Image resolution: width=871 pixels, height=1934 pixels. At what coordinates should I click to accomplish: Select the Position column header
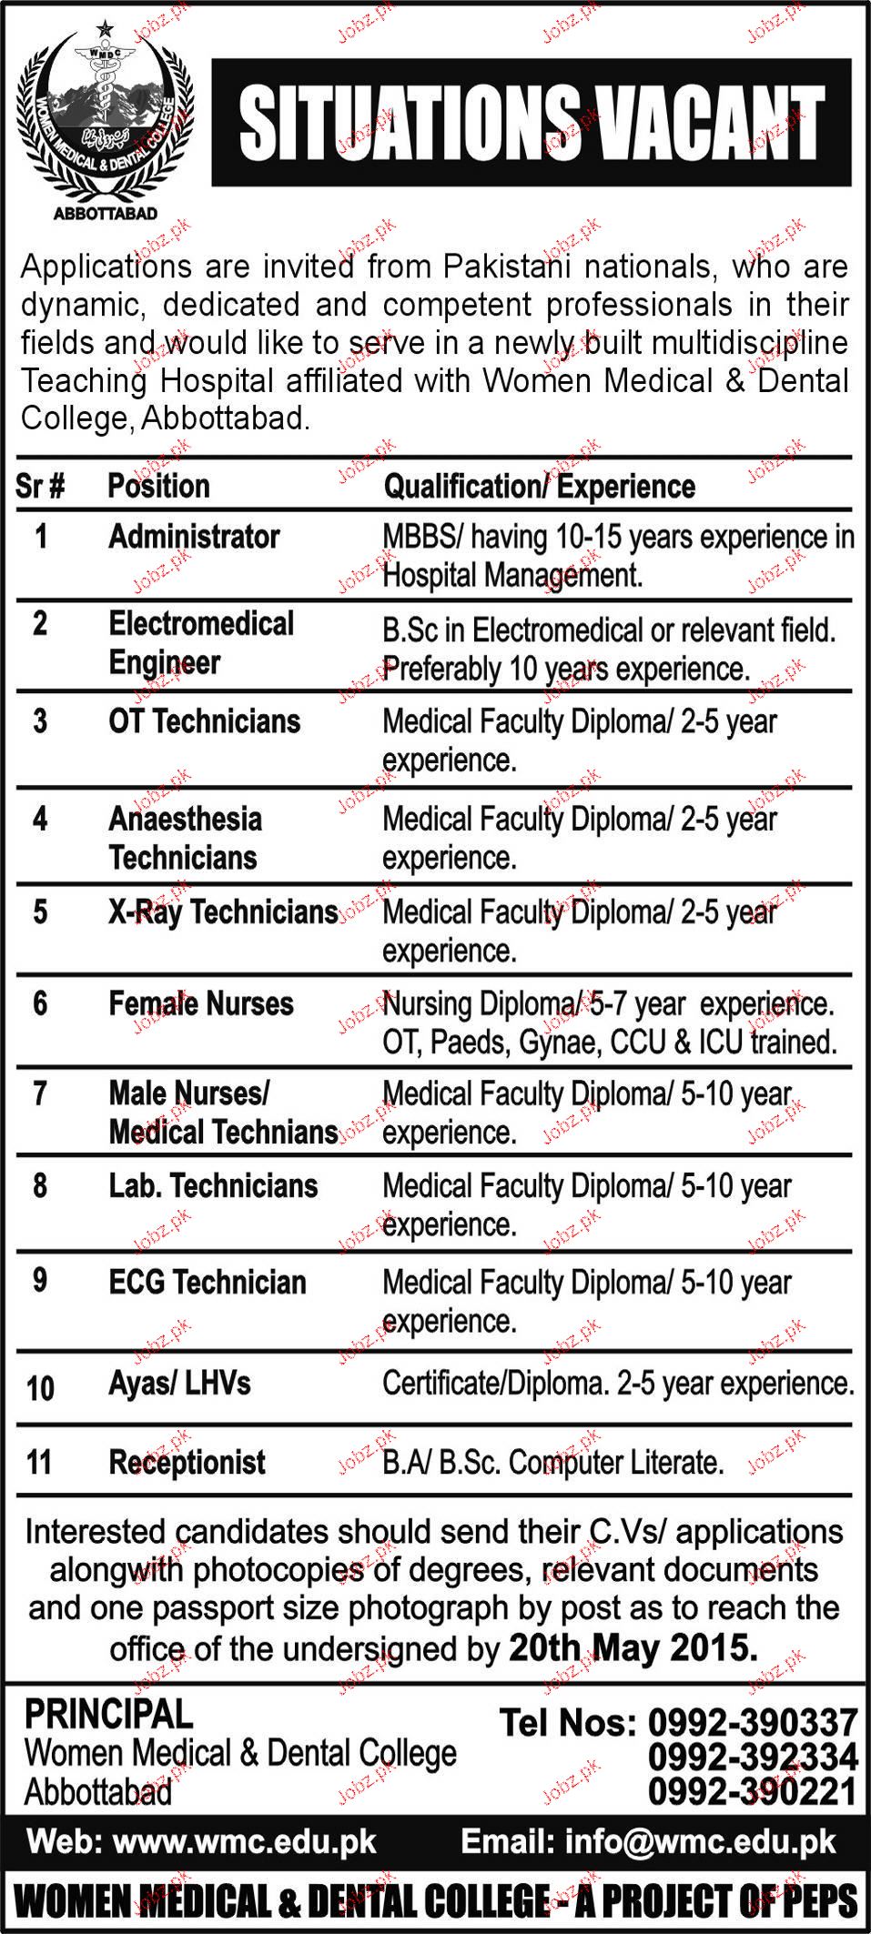158,486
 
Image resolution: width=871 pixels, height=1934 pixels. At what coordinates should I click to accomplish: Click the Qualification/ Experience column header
539,487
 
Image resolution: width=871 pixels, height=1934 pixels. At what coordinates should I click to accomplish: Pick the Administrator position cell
194,537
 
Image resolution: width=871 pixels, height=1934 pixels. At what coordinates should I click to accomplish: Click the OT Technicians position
205,721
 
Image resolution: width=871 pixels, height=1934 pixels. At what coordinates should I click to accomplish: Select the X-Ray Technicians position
223,912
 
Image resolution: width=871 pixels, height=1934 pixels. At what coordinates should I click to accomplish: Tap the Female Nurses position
201,1003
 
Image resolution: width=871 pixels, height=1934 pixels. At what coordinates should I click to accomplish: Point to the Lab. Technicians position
213,1185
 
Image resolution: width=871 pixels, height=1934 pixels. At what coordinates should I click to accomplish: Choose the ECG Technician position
208,1282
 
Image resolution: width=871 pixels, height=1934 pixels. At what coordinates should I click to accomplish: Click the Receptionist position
187,1463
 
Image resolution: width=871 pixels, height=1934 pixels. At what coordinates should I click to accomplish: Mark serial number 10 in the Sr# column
41,1389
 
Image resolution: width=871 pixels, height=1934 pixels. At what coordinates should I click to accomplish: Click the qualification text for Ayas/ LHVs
618,1384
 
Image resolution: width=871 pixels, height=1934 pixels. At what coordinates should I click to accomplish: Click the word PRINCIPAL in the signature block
108,1715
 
